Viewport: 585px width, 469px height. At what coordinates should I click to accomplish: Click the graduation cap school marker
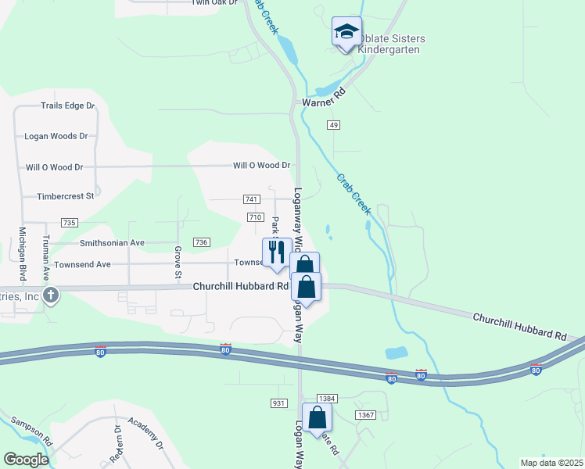pos(346,32)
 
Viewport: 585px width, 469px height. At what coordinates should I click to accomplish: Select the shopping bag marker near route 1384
pos(318,417)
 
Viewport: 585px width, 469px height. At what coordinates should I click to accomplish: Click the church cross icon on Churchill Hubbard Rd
pos(51,295)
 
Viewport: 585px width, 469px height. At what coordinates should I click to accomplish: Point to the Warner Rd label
pos(323,102)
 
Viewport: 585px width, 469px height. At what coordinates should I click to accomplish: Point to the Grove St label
pos(178,263)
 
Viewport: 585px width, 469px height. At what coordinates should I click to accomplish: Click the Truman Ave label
pos(46,255)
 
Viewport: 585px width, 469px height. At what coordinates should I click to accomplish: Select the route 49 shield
pos(334,125)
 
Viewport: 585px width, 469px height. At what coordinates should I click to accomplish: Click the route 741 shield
pos(252,200)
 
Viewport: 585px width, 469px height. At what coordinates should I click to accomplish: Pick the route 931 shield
pos(278,403)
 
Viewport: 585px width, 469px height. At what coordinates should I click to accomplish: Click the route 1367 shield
pos(364,414)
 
